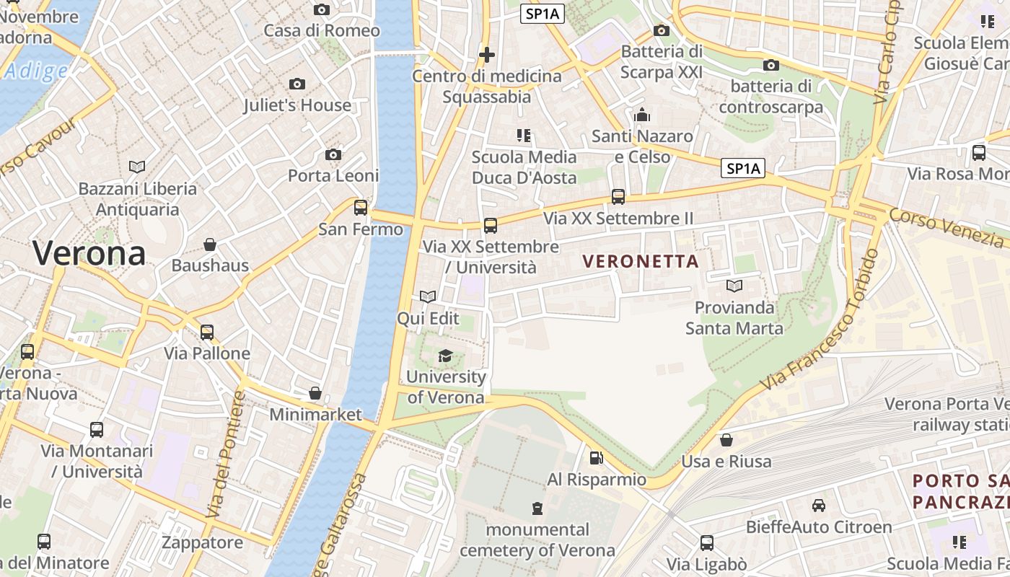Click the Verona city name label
[x=89, y=254]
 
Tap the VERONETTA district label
[x=641, y=262]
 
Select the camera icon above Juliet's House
[x=297, y=84]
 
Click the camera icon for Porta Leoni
[x=333, y=155]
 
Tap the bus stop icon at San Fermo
[x=361, y=208]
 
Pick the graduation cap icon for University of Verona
[x=446, y=356]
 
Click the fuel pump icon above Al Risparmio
[x=596, y=458]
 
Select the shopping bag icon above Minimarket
[x=315, y=393]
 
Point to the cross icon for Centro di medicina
[x=487, y=55]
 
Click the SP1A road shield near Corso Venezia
[x=744, y=169]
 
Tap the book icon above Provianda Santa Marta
[x=734, y=286]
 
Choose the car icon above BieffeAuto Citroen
[x=819, y=506]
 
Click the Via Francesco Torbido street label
[x=820, y=321]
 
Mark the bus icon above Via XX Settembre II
[x=618, y=196]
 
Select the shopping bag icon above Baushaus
[x=210, y=245]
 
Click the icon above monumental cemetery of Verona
[x=537, y=508]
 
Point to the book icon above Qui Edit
[x=428, y=296]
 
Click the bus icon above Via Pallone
[x=207, y=332]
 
